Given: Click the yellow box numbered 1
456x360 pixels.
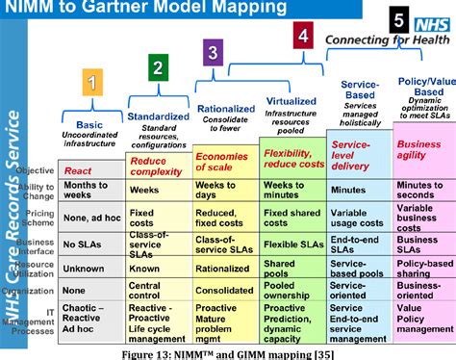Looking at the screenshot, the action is tap(91, 82).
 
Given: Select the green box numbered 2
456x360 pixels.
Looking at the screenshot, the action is tap(156, 67).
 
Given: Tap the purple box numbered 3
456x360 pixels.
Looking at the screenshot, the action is tap(212, 52).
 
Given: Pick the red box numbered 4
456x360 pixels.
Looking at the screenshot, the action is tap(304, 38).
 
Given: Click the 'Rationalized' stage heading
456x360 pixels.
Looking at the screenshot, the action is tap(225, 109).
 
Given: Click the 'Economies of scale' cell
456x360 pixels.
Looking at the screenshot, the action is tap(223, 161).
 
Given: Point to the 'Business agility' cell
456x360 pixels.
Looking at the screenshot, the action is tap(419, 149).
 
